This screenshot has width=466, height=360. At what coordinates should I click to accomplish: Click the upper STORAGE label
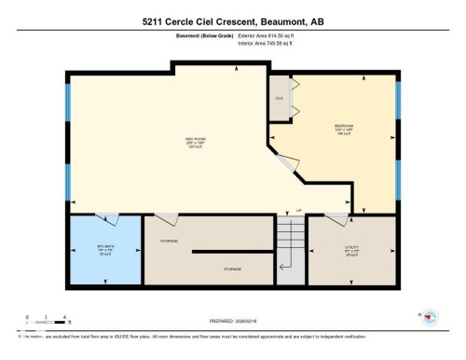click(171, 240)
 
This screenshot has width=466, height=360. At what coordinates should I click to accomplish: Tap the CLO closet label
click(279, 98)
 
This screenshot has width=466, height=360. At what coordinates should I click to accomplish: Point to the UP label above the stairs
click(299, 210)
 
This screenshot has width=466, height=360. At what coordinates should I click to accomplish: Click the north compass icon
click(429, 317)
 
